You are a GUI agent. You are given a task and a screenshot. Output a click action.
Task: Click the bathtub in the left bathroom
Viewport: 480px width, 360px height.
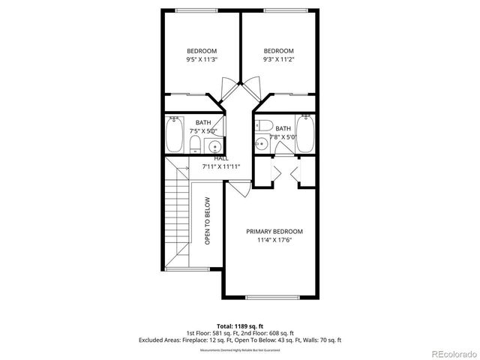click(x=174, y=136)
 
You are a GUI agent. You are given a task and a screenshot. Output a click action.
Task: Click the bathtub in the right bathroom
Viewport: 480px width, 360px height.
click(x=304, y=136)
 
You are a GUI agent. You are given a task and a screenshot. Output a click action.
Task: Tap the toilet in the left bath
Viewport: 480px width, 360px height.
click(x=193, y=145)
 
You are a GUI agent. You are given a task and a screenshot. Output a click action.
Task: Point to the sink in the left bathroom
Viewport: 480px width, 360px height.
click(x=213, y=146)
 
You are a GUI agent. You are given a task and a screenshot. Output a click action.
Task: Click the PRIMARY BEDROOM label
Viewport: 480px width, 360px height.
click(x=274, y=232)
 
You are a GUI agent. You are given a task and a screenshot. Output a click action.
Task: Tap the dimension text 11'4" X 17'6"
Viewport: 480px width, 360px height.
click(x=274, y=241)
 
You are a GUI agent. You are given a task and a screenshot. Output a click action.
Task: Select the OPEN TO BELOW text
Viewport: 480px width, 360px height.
click(x=208, y=220)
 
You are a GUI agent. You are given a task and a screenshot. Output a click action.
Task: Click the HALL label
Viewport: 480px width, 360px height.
click(x=220, y=158)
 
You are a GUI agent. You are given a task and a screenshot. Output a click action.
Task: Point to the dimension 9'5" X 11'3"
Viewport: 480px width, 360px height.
click(x=201, y=59)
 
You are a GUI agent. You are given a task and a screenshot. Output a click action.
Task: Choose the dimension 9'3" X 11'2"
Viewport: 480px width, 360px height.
click(x=278, y=59)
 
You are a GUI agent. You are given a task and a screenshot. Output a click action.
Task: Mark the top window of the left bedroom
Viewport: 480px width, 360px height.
click(x=199, y=10)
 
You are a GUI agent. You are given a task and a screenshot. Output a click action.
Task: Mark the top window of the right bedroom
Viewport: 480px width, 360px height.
click(x=278, y=10)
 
